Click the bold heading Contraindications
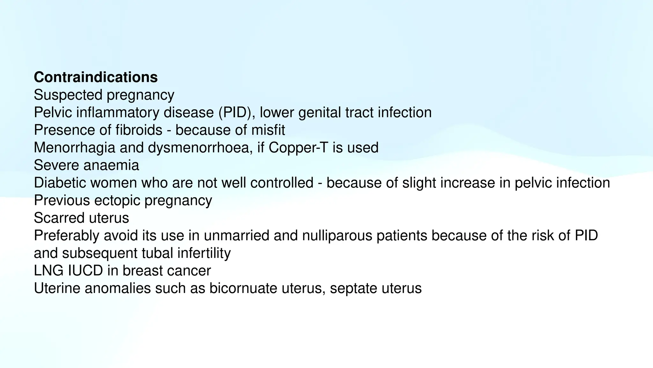click(x=96, y=77)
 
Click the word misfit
click(x=268, y=130)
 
